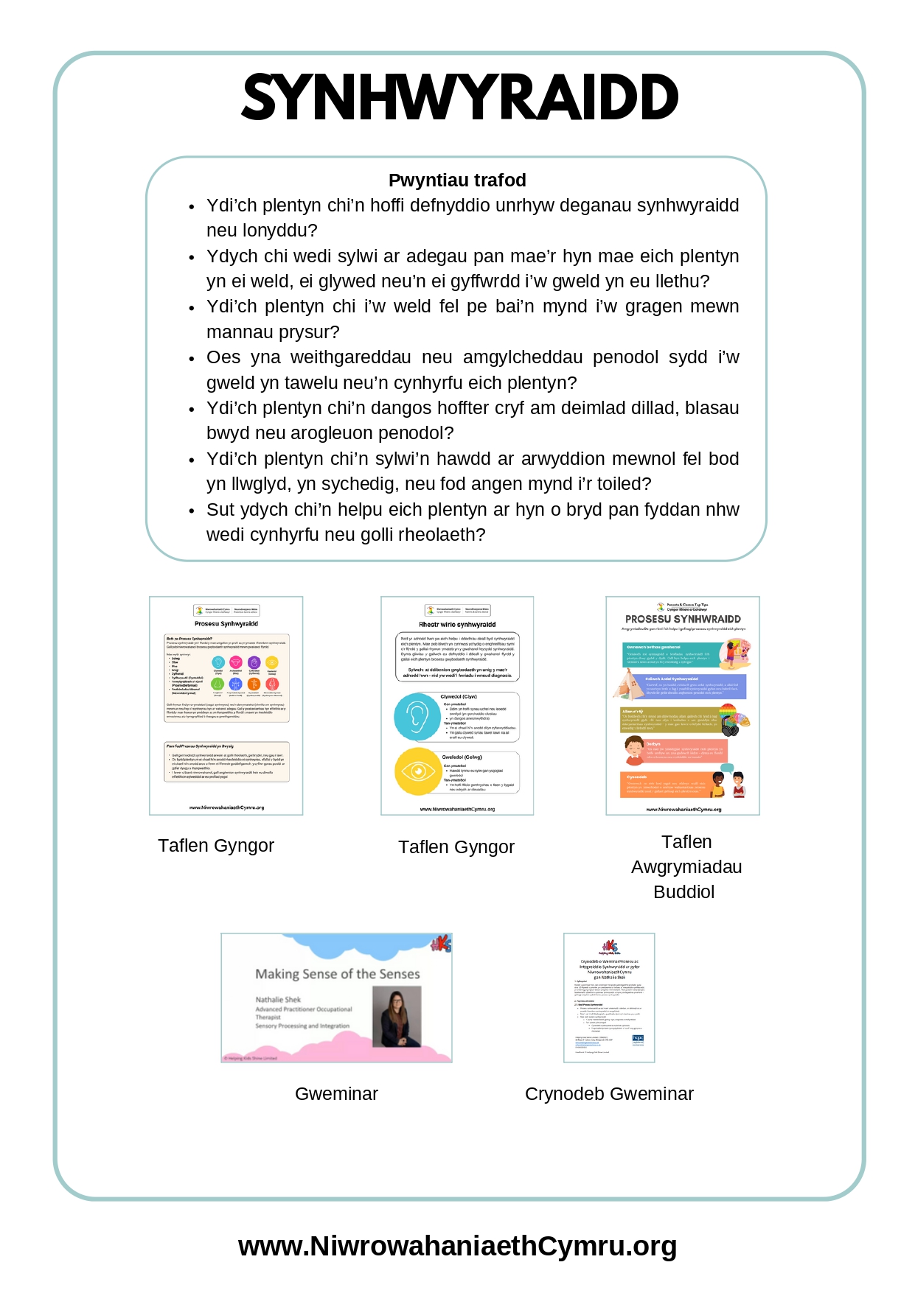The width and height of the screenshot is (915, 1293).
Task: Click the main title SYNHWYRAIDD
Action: click(x=459, y=97)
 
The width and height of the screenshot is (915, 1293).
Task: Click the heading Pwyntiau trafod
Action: click(x=457, y=181)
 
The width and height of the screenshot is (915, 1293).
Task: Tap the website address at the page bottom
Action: click(x=457, y=1246)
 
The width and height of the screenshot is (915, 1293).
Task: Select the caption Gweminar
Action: click(x=336, y=1094)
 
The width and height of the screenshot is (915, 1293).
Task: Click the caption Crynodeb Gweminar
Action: click(x=609, y=1094)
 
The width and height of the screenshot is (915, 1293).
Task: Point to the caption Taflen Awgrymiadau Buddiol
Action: click(x=686, y=867)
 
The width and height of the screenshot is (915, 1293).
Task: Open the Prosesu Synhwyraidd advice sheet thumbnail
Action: click(x=226, y=705)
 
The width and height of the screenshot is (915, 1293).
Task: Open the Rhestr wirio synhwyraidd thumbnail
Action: click(x=457, y=705)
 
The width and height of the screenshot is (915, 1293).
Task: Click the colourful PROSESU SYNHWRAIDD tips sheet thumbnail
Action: click(x=682, y=705)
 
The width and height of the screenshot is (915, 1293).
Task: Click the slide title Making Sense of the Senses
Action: click(x=338, y=974)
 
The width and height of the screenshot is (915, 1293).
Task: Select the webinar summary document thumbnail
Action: click(x=609, y=998)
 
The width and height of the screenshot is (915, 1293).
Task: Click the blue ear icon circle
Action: click(x=417, y=717)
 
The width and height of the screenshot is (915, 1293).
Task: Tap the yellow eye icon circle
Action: click(x=417, y=771)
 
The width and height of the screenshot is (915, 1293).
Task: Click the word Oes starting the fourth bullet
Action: click(x=223, y=357)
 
